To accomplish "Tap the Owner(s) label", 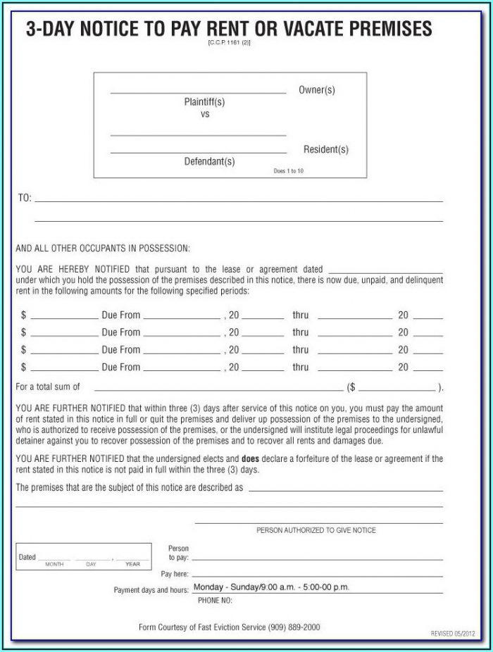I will click(316, 90).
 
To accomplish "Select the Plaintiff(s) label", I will click(205, 102).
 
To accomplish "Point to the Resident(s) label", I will click(325, 149).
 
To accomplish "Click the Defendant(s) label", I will click(209, 161).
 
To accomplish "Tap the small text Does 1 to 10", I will click(289, 171).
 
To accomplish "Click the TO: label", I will click(24, 199).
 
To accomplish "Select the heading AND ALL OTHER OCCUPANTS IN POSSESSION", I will click(103, 249).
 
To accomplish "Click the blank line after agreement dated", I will click(385, 270).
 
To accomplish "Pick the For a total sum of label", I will click(48, 387).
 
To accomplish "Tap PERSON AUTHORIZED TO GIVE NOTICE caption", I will click(316, 530).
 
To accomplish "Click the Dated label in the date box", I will click(27, 557).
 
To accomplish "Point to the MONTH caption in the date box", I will click(55, 564).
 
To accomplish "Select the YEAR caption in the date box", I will click(132, 564).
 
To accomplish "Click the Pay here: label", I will click(175, 574).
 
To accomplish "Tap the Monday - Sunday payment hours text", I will click(271, 587).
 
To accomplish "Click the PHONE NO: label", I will click(215, 600).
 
